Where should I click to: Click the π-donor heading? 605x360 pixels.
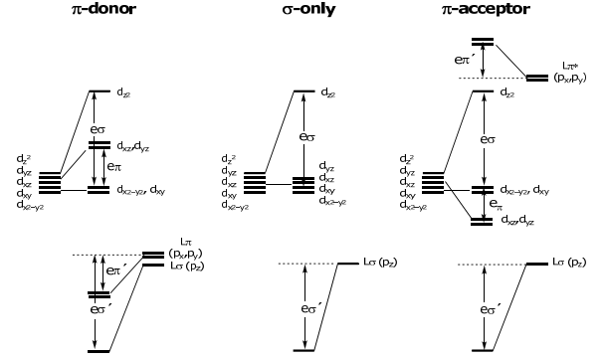(x=103, y=9)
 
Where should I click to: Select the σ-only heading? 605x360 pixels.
(x=308, y=9)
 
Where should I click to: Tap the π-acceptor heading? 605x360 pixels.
(x=487, y=9)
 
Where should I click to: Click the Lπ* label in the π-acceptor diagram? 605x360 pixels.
(x=570, y=67)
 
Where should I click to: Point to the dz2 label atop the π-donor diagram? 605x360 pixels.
(x=123, y=92)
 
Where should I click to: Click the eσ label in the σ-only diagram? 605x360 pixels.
(x=306, y=137)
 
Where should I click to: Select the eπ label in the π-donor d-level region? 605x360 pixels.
(x=114, y=167)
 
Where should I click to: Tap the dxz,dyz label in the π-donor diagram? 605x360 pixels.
(x=133, y=146)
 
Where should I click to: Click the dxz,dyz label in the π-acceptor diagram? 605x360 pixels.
(x=517, y=220)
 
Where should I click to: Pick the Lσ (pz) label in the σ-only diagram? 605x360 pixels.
(x=380, y=263)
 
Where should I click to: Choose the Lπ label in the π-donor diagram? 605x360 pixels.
(x=186, y=242)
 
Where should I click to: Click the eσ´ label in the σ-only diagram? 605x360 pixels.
(x=310, y=308)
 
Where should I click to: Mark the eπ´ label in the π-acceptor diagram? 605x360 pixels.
(x=464, y=60)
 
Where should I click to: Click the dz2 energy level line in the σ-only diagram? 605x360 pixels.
(x=304, y=91)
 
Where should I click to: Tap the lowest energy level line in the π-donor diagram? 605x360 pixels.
(x=99, y=351)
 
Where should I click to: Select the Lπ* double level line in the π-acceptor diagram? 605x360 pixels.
(x=537, y=79)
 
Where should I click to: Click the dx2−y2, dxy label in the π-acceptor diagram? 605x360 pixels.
(x=524, y=190)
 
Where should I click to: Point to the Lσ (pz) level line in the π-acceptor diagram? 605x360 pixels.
(x=537, y=264)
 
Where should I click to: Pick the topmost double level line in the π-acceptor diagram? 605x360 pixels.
(x=483, y=42)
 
